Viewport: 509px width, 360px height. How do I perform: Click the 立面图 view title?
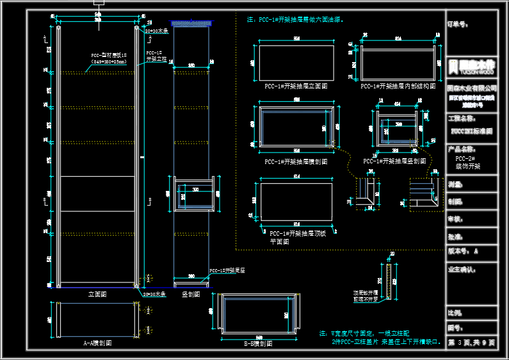[97, 294]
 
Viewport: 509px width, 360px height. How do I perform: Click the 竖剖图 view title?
[191, 294]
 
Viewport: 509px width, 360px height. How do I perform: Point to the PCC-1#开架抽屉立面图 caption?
[296, 85]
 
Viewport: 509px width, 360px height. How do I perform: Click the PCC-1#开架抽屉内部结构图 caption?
[398, 85]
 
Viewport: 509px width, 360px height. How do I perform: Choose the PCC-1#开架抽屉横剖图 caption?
[296, 161]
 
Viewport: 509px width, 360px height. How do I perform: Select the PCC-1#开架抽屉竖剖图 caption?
[394, 161]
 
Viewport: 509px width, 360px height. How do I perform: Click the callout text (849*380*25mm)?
[109, 62]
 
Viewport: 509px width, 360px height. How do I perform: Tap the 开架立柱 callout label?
[156, 59]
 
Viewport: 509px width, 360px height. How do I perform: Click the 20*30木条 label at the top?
[157, 31]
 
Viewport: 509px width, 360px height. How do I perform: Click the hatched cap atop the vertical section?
[191, 24]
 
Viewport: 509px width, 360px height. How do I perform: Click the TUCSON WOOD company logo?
[472, 65]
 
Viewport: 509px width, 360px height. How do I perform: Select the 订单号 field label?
[456, 24]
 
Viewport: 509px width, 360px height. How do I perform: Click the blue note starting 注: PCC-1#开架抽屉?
[295, 20]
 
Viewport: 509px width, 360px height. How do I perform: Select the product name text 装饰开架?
[467, 166]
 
